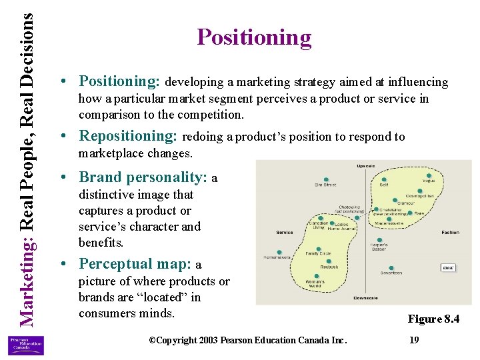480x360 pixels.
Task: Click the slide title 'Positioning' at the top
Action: pyautogui.click(x=254, y=37)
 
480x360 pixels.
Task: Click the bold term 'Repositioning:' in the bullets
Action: pyautogui.click(x=127, y=136)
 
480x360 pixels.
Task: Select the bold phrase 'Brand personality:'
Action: pyautogui.click(x=143, y=177)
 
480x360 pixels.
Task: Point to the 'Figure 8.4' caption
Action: pyautogui.click(x=433, y=319)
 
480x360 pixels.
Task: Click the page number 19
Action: pyautogui.click(x=414, y=340)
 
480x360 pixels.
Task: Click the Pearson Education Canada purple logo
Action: pyautogui.click(x=25, y=345)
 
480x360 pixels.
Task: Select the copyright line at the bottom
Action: pyautogui.click(x=247, y=340)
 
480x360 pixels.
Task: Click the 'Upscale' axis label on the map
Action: pyautogui.click(x=366, y=165)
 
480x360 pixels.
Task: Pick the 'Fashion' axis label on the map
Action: pyautogui.click(x=450, y=233)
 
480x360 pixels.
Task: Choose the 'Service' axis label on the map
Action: pyautogui.click(x=285, y=233)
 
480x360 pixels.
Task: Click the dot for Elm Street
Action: pyautogui.click(x=326, y=179)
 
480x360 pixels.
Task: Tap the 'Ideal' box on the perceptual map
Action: pyautogui.click(x=449, y=268)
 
